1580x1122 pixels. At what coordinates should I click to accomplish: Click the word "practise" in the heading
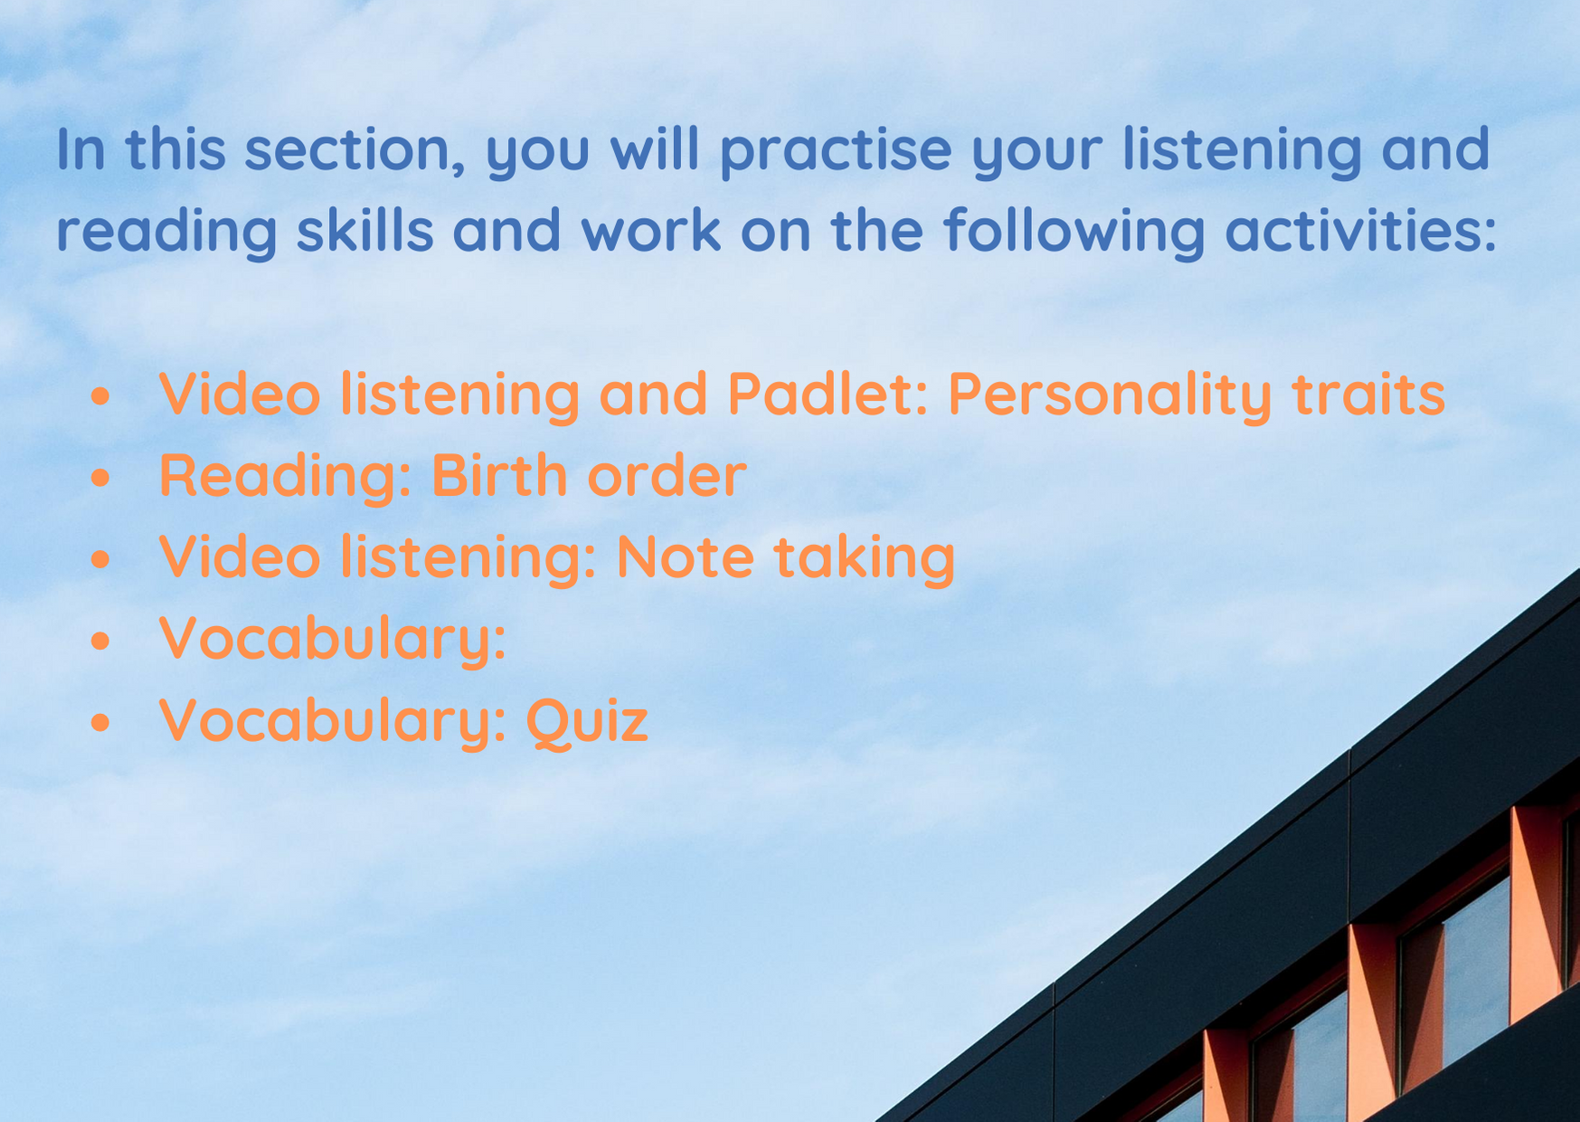(x=836, y=151)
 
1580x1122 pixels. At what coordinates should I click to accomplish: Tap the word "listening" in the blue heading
(x=1242, y=151)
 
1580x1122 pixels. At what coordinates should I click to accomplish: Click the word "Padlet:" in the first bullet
(x=828, y=394)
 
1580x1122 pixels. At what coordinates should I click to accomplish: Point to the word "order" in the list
(x=667, y=475)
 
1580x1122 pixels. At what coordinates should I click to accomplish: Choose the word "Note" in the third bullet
(x=685, y=556)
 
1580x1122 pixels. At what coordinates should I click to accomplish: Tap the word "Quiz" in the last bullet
(x=587, y=721)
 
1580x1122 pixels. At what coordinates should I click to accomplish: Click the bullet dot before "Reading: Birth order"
(x=100, y=478)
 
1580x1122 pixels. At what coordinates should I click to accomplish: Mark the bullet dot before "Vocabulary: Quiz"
(x=100, y=722)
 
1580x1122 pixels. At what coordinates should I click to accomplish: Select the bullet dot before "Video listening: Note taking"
(x=100, y=559)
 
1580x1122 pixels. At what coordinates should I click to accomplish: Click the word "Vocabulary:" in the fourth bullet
(x=332, y=639)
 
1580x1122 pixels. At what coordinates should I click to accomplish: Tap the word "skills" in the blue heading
(x=365, y=230)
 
